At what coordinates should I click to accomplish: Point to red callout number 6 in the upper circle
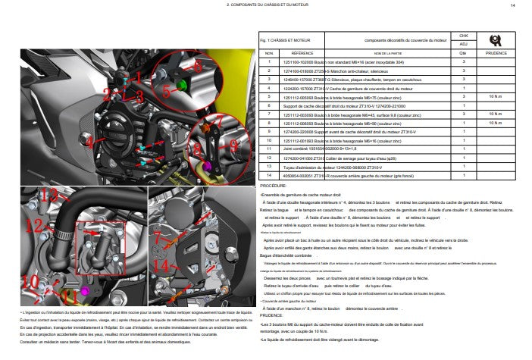point(198,67)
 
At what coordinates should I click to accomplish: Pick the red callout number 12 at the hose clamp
point(35,225)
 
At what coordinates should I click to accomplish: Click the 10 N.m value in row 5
point(495,97)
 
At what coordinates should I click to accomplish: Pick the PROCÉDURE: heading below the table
point(273,185)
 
